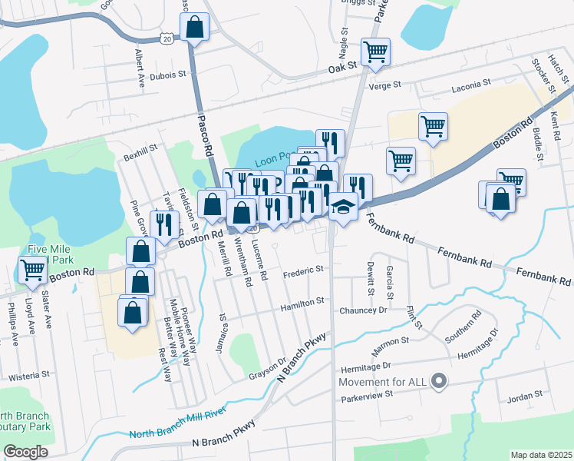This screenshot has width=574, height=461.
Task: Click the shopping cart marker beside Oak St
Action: point(375,53)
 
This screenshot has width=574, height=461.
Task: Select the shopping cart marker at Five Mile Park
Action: point(32,270)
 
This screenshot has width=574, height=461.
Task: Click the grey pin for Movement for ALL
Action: point(439,380)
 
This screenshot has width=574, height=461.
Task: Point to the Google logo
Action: point(25,452)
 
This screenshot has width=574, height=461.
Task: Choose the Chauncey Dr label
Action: point(363,310)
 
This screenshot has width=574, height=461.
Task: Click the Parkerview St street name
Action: point(367,393)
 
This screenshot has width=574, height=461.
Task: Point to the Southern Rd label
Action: point(465,326)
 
